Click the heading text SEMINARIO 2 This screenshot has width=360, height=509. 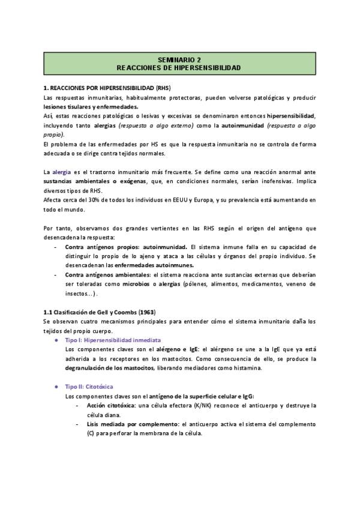[x=179, y=60]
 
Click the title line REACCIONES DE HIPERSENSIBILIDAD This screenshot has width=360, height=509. [x=179, y=68]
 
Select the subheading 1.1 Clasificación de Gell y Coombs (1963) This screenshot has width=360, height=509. [x=100, y=312]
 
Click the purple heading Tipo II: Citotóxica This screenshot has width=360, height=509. [x=88, y=387]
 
